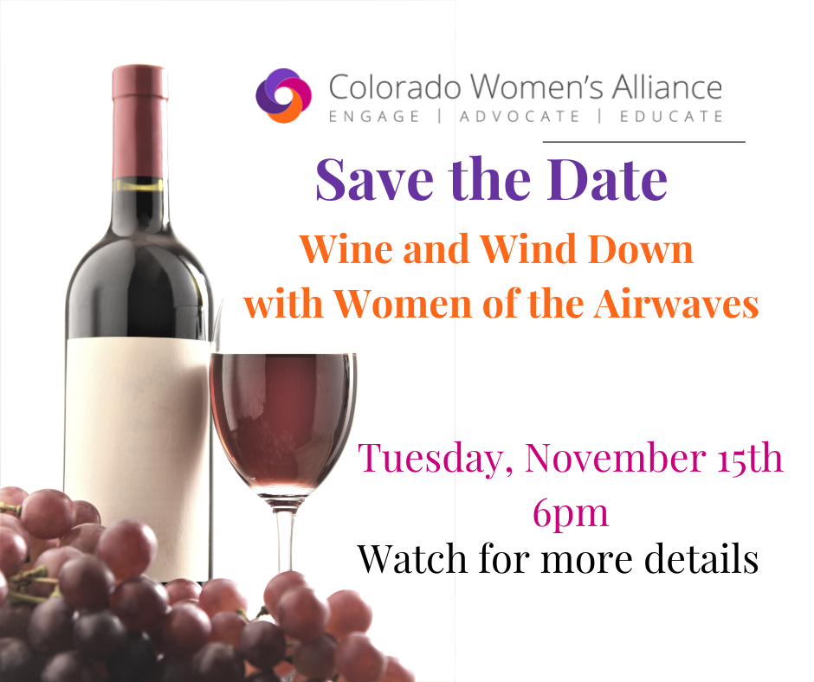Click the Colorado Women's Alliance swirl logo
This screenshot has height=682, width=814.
click(283, 95)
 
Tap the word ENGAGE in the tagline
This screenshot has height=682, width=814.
click(374, 116)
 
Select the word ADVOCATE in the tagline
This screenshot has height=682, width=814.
click(520, 116)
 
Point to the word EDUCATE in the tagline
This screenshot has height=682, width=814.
click(671, 116)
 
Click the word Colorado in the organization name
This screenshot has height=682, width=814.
click(395, 87)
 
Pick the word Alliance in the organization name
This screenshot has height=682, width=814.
click(667, 87)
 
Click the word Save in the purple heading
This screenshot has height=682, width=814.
click(374, 179)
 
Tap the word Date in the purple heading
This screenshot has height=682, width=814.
click(607, 179)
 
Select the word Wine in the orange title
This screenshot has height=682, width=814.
click(346, 248)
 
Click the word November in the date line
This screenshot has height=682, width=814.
click(615, 458)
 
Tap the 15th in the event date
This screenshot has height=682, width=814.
click(750, 458)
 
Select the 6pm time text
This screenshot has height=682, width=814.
click(570, 512)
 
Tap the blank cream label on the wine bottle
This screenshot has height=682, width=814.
click(138, 457)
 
